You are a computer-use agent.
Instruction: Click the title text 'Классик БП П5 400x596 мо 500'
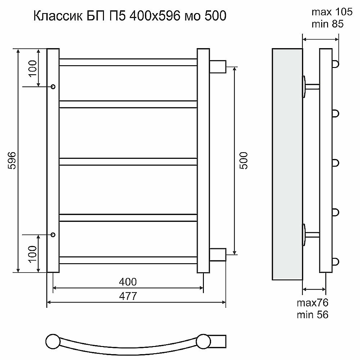(x=130, y=17)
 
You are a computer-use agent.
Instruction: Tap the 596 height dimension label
(x=12, y=161)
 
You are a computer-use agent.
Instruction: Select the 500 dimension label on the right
(x=244, y=161)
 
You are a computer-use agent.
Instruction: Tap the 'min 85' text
(x=323, y=24)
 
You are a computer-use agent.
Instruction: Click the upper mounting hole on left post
(x=53, y=86)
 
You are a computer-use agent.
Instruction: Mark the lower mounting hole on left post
(x=53, y=234)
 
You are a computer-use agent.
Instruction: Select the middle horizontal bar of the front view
(x=128, y=161)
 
